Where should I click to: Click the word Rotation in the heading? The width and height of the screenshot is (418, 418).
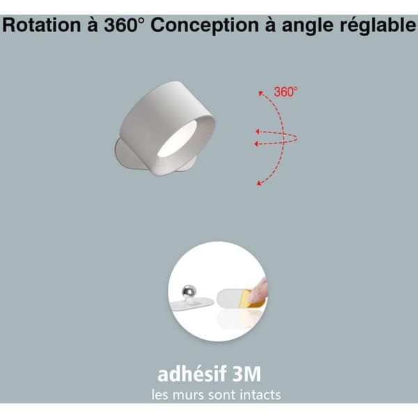(x=41, y=25)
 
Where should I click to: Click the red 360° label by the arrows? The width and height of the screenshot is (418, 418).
(x=286, y=92)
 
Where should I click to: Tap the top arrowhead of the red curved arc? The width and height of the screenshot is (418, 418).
(x=261, y=93)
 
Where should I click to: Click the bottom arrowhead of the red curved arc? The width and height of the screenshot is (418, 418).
(x=258, y=183)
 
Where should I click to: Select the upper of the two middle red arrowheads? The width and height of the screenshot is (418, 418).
(x=258, y=131)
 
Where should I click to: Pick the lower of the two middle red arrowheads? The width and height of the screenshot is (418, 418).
(x=256, y=144)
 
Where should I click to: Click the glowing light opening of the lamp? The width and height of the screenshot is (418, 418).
(x=177, y=139)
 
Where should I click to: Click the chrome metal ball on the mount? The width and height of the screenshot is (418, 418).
(x=189, y=291)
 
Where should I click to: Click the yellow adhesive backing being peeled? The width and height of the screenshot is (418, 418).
(x=249, y=300)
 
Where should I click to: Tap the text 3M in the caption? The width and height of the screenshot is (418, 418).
(x=247, y=374)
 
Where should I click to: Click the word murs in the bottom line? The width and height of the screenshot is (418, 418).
(x=189, y=396)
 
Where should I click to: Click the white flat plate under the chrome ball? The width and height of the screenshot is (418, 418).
(x=192, y=302)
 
